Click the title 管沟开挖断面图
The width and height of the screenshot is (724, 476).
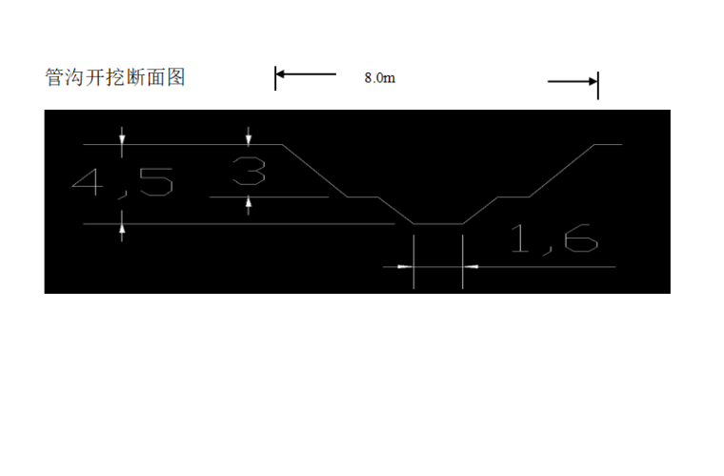click(x=115, y=77)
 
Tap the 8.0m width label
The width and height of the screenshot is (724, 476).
click(x=379, y=78)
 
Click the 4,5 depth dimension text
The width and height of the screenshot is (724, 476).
click(x=123, y=181)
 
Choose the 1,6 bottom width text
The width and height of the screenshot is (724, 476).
click(x=553, y=238)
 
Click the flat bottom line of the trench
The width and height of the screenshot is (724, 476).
click(x=438, y=225)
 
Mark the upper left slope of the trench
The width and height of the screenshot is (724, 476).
click(x=314, y=171)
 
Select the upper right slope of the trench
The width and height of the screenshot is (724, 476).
click(x=562, y=171)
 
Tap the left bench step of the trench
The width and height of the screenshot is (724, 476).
click(x=362, y=197)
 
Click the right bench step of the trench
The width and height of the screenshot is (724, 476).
click(x=513, y=197)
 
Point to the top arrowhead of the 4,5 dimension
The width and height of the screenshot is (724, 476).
click(x=122, y=139)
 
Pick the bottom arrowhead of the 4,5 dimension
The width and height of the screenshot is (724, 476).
click(x=122, y=229)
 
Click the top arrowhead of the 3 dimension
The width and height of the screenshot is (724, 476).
click(x=249, y=139)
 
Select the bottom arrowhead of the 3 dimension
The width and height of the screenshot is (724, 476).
click(x=249, y=202)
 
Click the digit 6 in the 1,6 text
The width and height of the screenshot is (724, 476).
click(x=578, y=238)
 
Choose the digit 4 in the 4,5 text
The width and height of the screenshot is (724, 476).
click(x=91, y=181)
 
